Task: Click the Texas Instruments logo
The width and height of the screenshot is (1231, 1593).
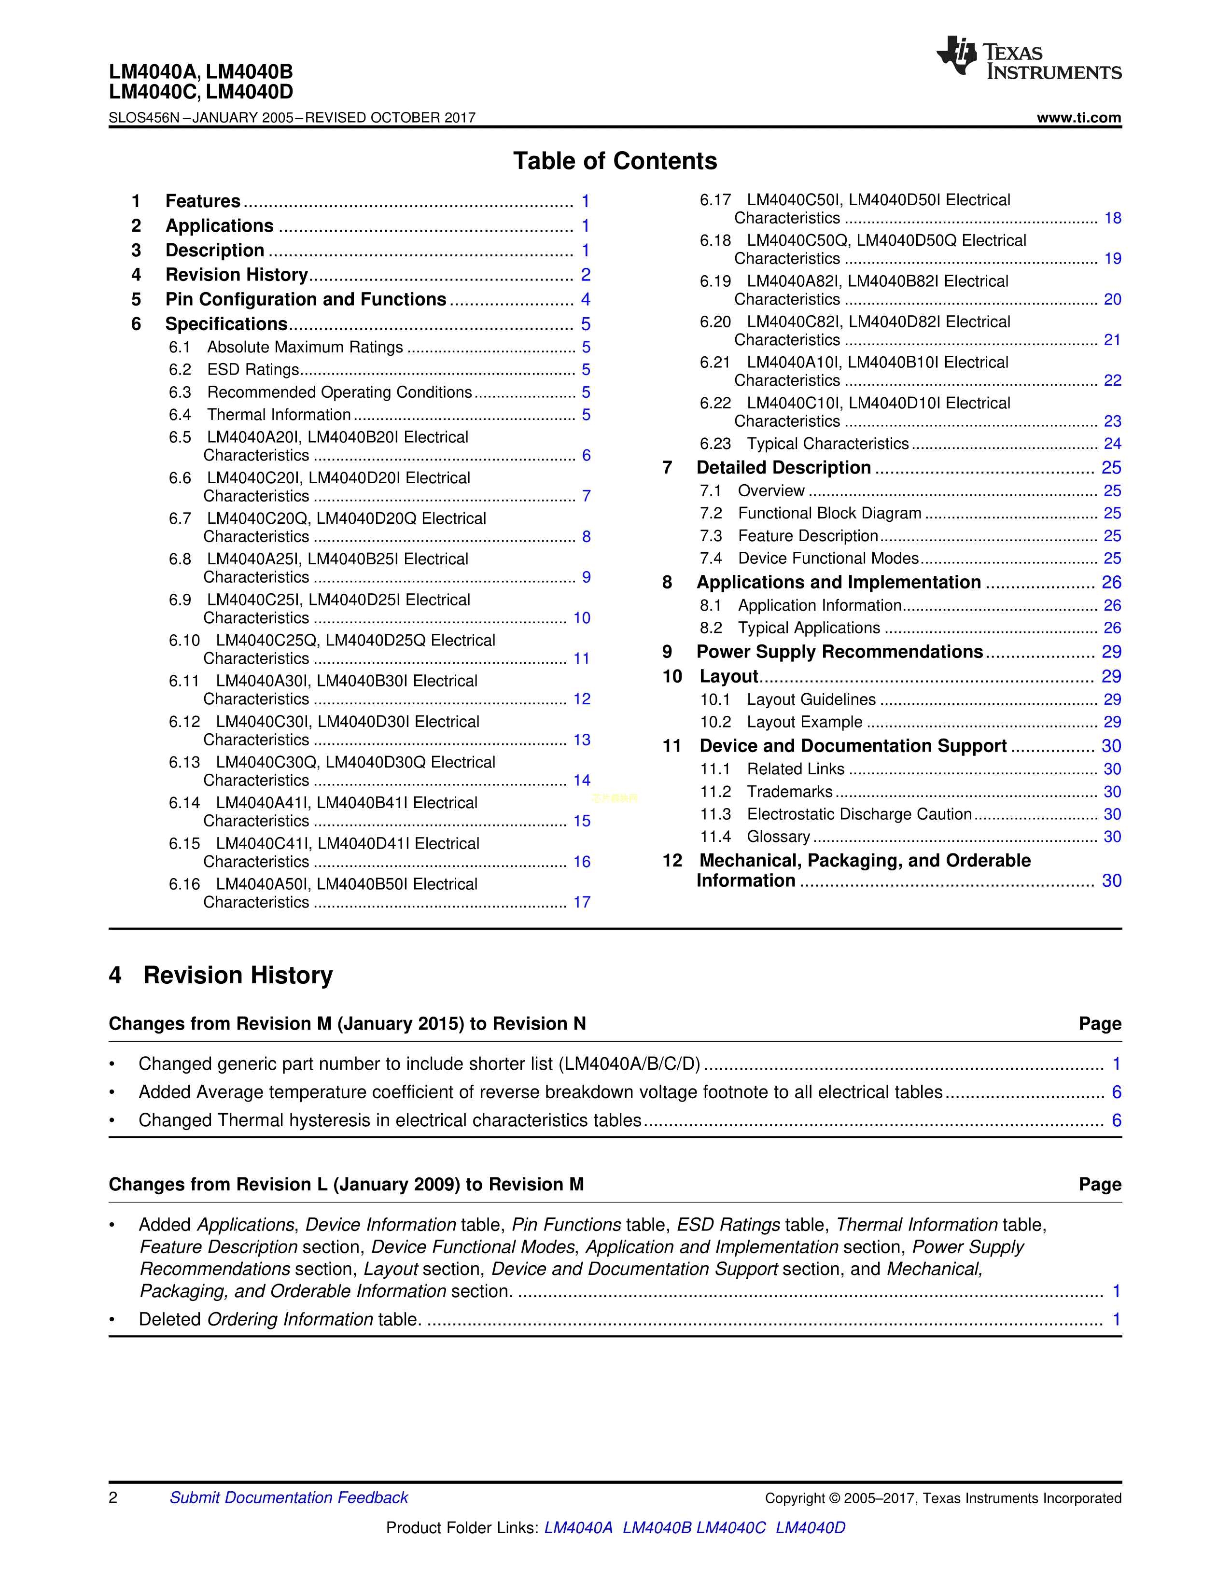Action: coord(1028,57)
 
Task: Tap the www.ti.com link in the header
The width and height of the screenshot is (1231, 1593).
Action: coord(1078,117)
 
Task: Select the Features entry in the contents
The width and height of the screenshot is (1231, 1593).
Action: coord(203,201)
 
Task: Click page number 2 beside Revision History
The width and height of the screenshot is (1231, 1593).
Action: coord(585,275)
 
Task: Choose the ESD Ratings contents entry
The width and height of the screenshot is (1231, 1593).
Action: coord(252,370)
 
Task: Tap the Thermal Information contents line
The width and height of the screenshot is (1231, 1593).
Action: coord(279,415)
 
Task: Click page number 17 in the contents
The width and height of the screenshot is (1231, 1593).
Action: coord(581,902)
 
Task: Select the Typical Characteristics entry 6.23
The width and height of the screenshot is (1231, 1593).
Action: coord(827,444)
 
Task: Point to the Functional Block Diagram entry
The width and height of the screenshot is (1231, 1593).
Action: coord(829,514)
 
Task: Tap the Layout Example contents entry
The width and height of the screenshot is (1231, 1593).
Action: coord(804,722)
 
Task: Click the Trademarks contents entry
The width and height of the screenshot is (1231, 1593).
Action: coord(789,792)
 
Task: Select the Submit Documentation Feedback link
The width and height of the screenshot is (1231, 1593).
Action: coord(289,1497)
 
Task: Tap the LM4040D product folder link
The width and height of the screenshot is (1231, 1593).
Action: coord(810,1527)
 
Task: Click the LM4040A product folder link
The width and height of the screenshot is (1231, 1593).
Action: coord(578,1527)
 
